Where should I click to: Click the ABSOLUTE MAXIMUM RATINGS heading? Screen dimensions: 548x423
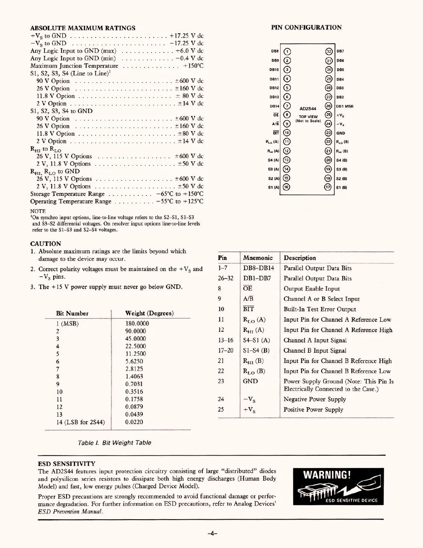pyautogui.click(x=83, y=28)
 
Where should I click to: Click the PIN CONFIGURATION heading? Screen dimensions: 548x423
pyautogui.click(x=306, y=27)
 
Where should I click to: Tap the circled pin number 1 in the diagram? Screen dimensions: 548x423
pyautogui.click(x=287, y=52)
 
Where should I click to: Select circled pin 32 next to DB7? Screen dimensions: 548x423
pyautogui.click(x=328, y=52)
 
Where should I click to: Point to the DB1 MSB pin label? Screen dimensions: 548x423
pyautogui.click(x=345, y=107)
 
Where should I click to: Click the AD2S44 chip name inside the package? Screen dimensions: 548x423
pyautogui.click(x=308, y=109)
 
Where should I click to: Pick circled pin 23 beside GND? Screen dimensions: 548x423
pyautogui.click(x=328, y=133)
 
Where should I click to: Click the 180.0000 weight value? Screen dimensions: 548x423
pyautogui.click(x=137, y=323)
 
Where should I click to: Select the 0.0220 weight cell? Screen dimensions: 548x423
pyautogui.click(x=134, y=422)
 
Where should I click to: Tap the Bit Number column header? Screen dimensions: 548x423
pyautogui.click(x=72, y=313)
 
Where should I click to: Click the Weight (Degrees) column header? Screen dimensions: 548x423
pyautogui.click(x=149, y=313)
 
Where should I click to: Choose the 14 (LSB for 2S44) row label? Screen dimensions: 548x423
pyautogui.click(x=80, y=422)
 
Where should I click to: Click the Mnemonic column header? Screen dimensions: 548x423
pyautogui.click(x=258, y=258)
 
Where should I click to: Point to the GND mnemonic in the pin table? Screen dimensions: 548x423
pyautogui.click(x=250, y=381)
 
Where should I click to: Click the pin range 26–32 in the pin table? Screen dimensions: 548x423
pyautogui.click(x=225, y=279)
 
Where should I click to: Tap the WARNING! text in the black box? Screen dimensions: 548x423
pyautogui.click(x=327, y=476)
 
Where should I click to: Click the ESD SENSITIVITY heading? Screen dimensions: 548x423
pyautogui.click(x=67, y=464)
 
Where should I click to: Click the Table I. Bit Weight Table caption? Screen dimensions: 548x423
pyautogui.click(x=114, y=443)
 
